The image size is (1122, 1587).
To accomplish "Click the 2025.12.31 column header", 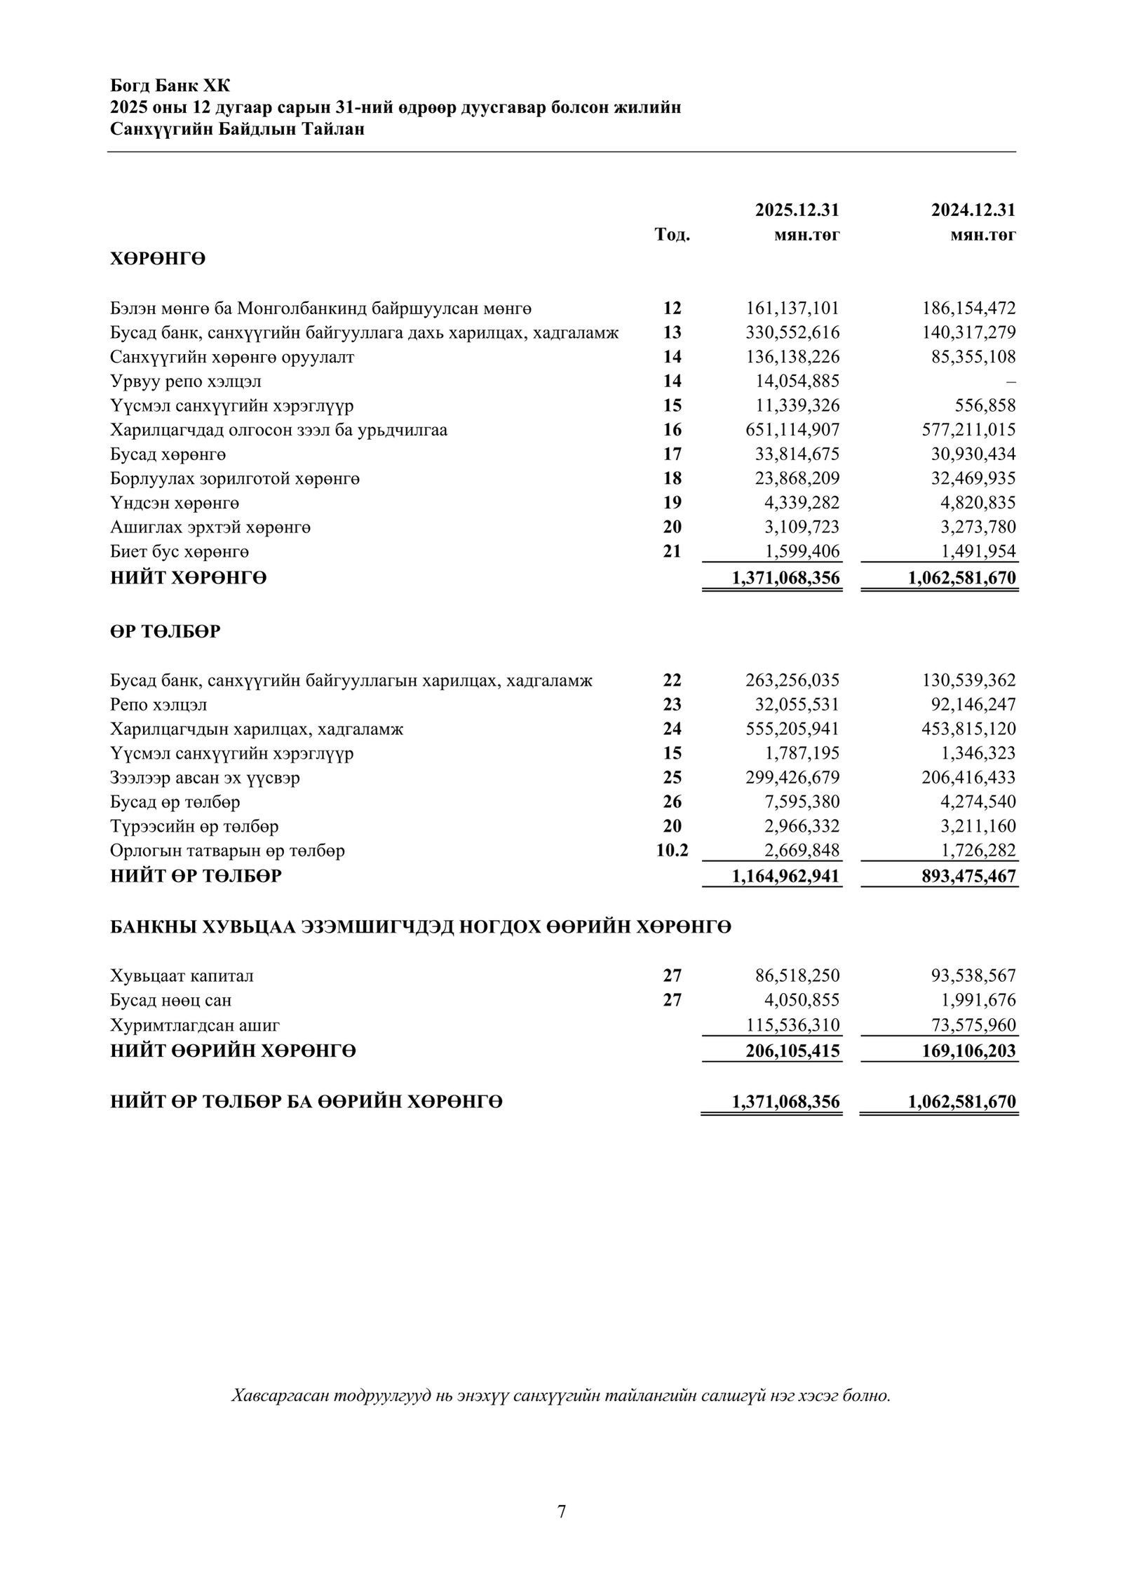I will click(797, 210).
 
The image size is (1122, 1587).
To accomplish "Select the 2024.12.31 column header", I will click(973, 210).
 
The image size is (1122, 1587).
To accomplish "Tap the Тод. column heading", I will click(672, 235).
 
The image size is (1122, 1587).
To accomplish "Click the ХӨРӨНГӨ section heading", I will click(158, 259).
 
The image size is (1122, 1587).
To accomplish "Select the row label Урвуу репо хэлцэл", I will click(186, 381).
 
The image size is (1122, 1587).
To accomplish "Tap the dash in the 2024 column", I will click(1011, 381).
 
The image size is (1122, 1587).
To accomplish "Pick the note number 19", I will click(672, 503).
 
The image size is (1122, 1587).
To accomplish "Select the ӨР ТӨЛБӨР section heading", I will click(165, 631).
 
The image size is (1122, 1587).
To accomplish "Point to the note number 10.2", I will click(672, 851).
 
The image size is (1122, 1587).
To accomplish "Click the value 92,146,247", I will click(969, 704).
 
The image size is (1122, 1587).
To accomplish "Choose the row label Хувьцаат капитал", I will click(182, 975).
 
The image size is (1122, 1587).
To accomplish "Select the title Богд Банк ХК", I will click(170, 86).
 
